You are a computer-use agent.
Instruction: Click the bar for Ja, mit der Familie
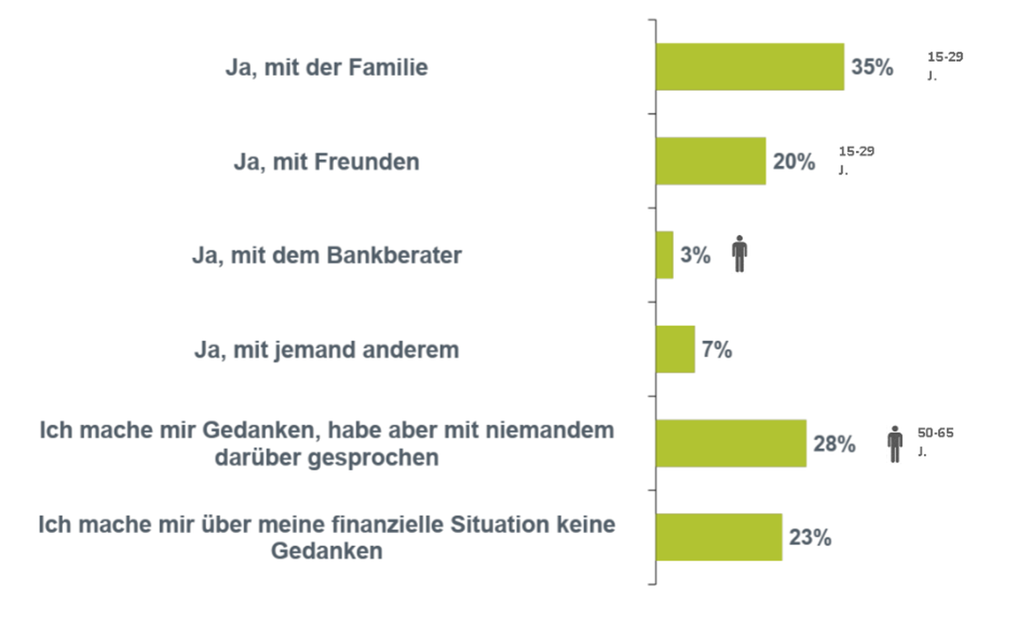(x=750, y=67)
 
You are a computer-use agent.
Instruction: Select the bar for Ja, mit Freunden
(x=711, y=161)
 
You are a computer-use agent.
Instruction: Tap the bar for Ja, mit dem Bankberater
(x=664, y=255)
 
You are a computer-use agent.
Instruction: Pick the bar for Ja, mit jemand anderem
(x=675, y=349)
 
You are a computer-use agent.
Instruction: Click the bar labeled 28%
(x=731, y=443)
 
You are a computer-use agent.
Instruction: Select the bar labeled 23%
(x=719, y=537)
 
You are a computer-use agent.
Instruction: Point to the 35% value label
(x=872, y=67)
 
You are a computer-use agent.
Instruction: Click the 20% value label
(x=793, y=162)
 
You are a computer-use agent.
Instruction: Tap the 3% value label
(x=695, y=255)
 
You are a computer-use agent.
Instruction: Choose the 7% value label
(x=717, y=350)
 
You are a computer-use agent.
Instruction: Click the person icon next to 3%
(x=740, y=254)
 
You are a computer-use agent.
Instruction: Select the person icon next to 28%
(x=895, y=444)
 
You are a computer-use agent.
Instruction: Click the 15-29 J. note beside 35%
(x=945, y=65)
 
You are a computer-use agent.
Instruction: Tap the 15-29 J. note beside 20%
(x=856, y=160)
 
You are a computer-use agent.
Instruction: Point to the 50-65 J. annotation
(x=935, y=441)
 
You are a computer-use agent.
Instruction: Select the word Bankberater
(x=394, y=255)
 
